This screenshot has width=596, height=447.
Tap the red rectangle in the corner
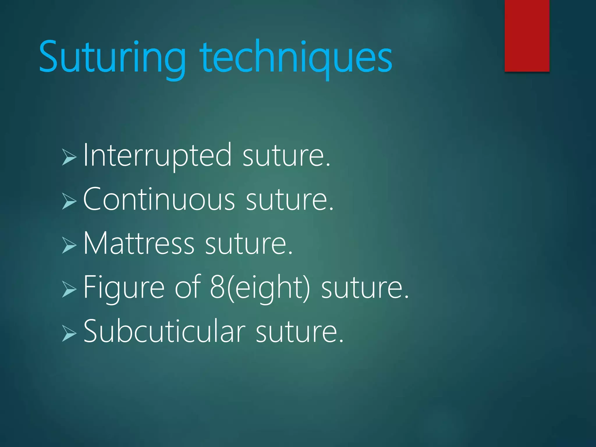(527, 36)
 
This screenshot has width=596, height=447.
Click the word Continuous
(159, 200)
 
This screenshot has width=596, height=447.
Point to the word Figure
(124, 288)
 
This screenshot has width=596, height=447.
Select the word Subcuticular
(164, 332)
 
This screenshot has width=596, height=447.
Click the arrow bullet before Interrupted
(69, 157)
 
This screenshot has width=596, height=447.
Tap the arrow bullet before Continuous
(69, 201)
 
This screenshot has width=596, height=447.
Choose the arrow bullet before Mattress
(69, 245)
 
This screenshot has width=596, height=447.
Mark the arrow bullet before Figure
(69, 289)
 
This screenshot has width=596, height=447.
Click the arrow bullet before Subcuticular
(69, 334)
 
